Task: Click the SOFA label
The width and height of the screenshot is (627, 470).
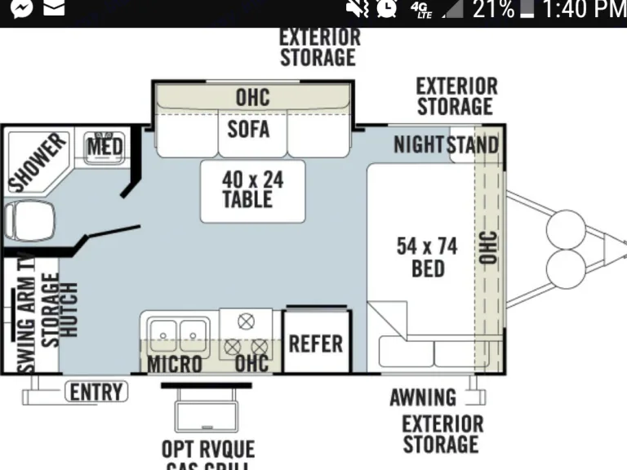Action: [x=248, y=128]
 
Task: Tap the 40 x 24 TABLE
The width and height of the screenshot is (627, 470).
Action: [x=253, y=189]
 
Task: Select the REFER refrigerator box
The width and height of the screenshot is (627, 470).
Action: [x=315, y=343]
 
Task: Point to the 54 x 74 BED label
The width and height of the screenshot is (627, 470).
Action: [x=427, y=256]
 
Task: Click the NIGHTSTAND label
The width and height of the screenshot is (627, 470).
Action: [x=446, y=145]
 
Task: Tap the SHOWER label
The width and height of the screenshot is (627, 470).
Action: [x=36, y=162]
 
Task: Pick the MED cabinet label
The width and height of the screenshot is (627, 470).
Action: [x=104, y=148]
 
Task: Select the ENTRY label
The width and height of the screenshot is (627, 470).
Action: [x=96, y=392]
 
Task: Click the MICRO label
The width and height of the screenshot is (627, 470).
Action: [x=174, y=364]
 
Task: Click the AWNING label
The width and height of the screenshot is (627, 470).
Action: [x=422, y=397]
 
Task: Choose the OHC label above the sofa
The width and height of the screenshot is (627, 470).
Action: [x=252, y=97]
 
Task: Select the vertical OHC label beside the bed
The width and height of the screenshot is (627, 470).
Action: [x=488, y=247]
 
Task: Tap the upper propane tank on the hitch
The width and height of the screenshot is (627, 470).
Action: [x=562, y=224]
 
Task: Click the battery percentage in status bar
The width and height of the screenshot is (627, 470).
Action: [x=493, y=10]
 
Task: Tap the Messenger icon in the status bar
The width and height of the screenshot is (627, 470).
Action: [x=22, y=10]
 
